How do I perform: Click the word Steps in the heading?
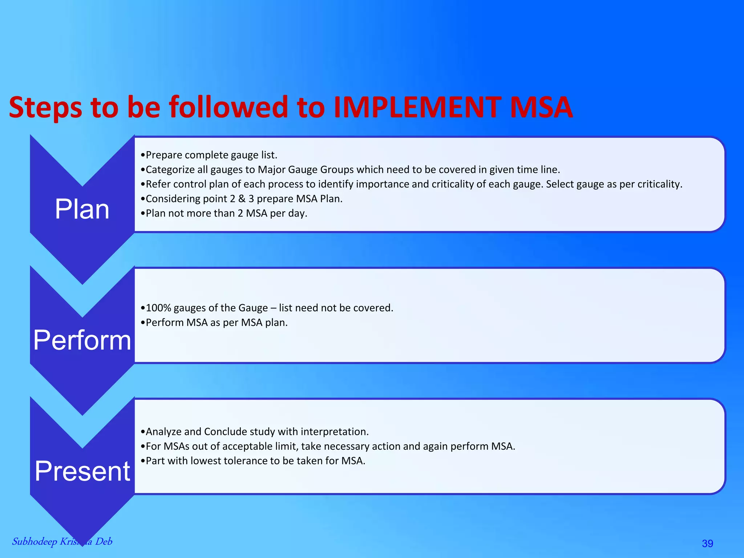pos(45,108)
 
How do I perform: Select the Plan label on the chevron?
pos(82,210)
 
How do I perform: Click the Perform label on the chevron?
pos(82,340)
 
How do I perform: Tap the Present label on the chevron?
pos(82,471)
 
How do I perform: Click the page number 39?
pos(707,543)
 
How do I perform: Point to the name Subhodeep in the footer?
pos(35,542)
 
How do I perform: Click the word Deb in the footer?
pos(104,541)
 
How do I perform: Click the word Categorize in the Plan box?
pos(170,170)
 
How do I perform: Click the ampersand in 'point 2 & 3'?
pos(242,199)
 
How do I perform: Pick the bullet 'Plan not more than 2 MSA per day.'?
pos(224,213)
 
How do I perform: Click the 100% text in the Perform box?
pos(158,308)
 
